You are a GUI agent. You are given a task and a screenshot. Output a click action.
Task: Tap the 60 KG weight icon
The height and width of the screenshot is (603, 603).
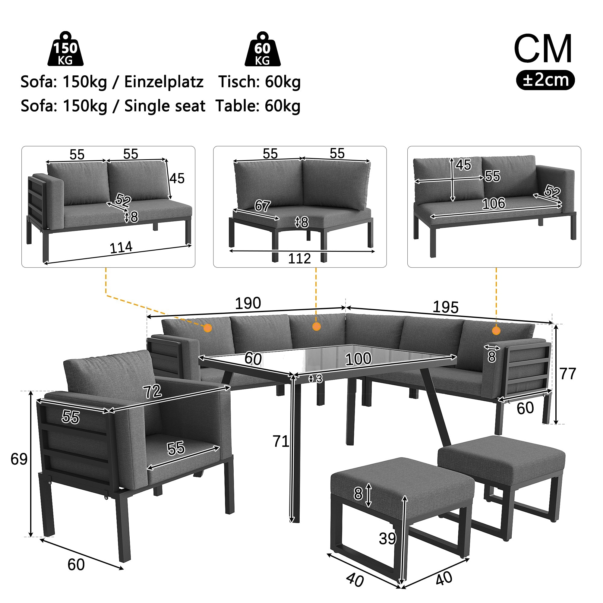(x=262, y=50)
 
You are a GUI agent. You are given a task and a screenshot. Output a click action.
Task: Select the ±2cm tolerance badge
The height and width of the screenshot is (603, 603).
(x=545, y=80)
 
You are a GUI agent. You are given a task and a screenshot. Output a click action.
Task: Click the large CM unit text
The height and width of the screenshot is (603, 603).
(x=543, y=49)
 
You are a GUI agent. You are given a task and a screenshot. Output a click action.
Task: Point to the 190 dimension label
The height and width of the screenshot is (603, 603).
(x=248, y=303)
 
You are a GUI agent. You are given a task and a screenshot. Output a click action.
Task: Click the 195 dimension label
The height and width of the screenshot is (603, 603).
(x=445, y=308)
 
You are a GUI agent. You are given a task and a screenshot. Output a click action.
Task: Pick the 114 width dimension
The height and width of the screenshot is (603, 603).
(x=121, y=248)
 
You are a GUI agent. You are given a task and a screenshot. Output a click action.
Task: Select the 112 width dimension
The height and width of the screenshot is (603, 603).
(x=299, y=258)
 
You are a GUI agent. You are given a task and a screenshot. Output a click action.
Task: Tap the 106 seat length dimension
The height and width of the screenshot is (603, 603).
(x=494, y=204)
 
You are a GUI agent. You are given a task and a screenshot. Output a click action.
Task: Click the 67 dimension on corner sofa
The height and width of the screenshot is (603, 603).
(x=262, y=206)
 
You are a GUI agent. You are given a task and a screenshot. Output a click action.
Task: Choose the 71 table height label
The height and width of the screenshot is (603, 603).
(x=281, y=441)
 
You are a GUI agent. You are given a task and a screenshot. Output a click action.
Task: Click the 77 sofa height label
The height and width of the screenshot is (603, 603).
(x=567, y=374)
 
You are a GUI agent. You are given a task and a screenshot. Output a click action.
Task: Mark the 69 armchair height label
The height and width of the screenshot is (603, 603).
(x=19, y=459)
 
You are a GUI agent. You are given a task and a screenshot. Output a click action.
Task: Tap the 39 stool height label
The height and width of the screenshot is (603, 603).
(x=387, y=539)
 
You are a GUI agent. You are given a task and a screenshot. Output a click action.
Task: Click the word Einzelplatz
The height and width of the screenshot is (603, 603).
(x=164, y=82)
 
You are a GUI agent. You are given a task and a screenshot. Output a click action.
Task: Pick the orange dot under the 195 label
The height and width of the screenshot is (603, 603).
(x=496, y=330)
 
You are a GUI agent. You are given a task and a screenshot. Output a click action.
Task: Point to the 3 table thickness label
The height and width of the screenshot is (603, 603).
(x=319, y=379)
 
